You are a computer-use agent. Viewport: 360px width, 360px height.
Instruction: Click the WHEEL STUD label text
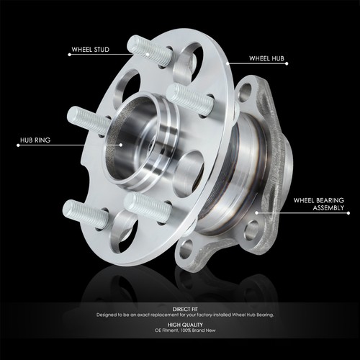pos(91,51)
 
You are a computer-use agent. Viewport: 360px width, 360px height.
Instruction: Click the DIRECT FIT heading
pos(180,307)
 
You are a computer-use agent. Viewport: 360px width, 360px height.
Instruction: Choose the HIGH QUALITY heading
pos(180,324)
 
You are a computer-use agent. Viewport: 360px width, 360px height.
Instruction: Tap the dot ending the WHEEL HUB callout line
pos(226,63)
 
